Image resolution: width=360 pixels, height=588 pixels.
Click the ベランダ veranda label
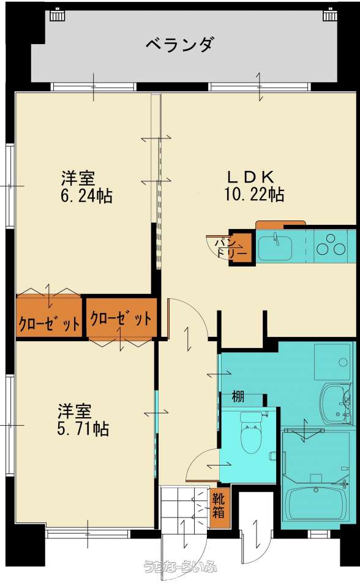(181, 45)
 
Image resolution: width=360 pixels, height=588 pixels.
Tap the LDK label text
(251, 176)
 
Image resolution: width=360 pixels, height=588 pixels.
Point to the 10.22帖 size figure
(254, 194)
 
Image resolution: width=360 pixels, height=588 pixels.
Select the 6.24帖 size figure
(86, 196)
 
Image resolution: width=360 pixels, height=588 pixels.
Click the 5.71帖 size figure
(83, 429)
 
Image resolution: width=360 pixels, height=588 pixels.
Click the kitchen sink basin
(276, 247)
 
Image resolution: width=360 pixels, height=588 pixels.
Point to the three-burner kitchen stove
(331, 245)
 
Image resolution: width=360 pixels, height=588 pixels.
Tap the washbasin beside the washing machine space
(336, 404)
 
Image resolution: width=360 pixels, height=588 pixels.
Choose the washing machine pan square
(333, 361)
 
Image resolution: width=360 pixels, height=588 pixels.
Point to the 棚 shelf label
(238, 396)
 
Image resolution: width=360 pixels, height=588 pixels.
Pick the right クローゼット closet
(121, 318)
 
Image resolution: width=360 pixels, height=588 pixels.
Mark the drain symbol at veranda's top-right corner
(329, 15)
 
